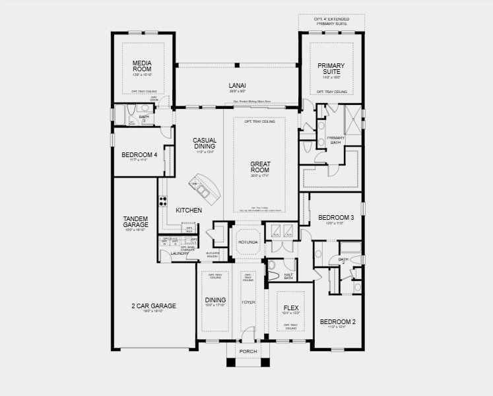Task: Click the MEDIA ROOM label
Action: pyautogui.click(x=143, y=65)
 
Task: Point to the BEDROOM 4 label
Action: pyautogui.click(x=139, y=155)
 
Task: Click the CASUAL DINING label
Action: pyautogui.click(x=205, y=143)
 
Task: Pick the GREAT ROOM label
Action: pyautogui.click(x=261, y=166)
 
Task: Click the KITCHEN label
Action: pyautogui.click(x=189, y=211)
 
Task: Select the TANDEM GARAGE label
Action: pyautogui.click(x=135, y=222)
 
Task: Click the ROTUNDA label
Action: pyautogui.click(x=249, y=243)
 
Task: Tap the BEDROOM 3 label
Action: pyautogui.click(x=337, y=218)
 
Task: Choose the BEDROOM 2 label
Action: pyautogui.click(x=338, y=322)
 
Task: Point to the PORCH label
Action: pyautogui.click(x=248, y=351)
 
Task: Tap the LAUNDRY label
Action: pyautogui.click(x=180, y=253)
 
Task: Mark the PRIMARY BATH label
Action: pyautogui.click(x=336, y=139)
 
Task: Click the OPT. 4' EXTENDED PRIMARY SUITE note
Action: pyautogui.click(x=332, y=22)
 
